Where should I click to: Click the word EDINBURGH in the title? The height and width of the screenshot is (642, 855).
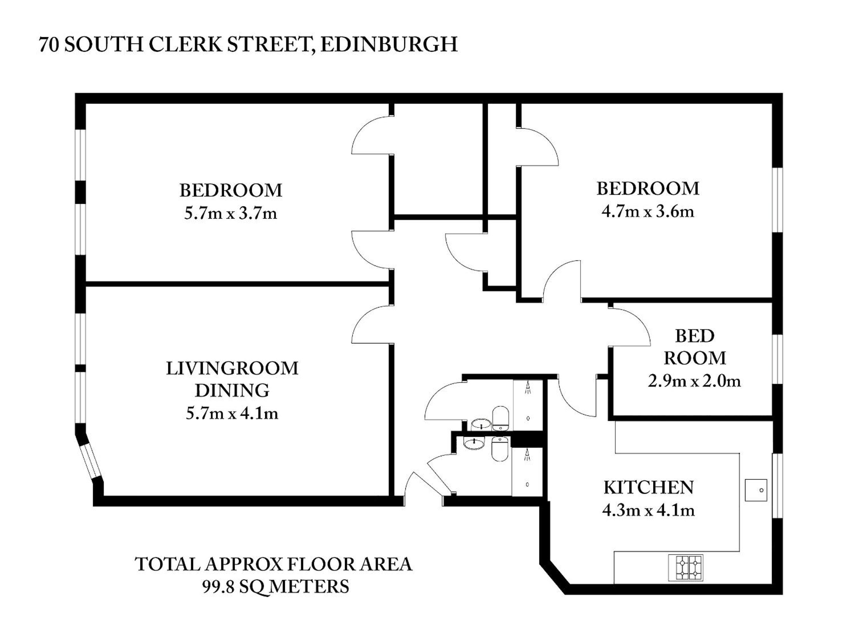tap(389, 44)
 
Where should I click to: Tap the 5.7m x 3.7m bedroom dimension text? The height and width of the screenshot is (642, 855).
tap(231, 213)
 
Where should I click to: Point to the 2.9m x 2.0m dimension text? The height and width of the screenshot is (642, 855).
tap(694, 381)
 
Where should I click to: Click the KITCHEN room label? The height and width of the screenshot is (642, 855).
tap(649, 488)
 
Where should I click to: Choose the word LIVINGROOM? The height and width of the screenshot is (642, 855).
tap(232, 368)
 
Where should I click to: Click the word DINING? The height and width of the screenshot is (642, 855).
tap(232, 391)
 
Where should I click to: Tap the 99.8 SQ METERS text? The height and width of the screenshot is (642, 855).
tap(276, 587)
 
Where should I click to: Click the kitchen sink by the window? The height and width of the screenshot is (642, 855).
tap(756, 490)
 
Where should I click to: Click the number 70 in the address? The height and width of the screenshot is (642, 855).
tap(49, 45)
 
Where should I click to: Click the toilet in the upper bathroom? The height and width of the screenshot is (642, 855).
tap(500, 418)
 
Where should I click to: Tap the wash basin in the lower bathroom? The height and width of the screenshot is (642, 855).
tap(474, 443)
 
